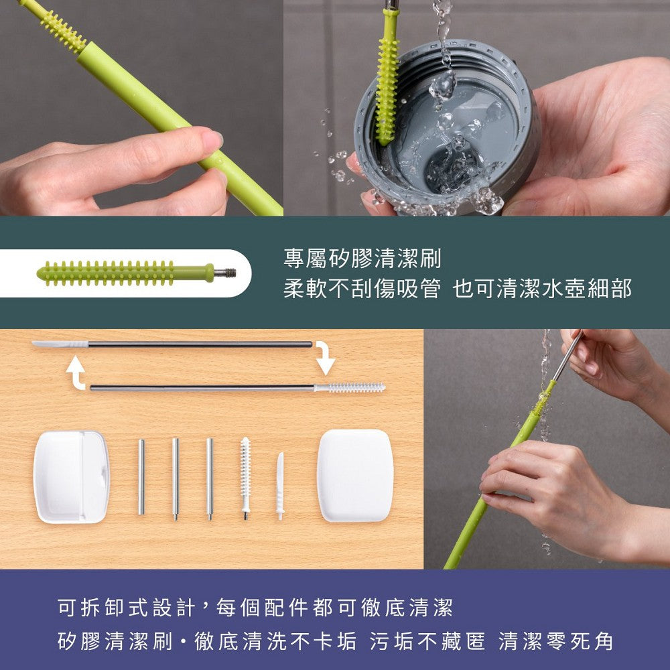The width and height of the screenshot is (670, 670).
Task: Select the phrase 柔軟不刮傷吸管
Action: [362, 289]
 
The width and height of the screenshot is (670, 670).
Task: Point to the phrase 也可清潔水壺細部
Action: [542, 289]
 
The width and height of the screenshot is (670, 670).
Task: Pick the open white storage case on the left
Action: [71, 476]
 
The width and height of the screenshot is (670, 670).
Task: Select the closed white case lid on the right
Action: [354, 475]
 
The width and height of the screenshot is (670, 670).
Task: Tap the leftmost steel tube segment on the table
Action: [141, 476]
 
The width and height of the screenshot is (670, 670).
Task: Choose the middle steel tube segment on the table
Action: [176, 478]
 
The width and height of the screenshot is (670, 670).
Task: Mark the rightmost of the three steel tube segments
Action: [210, 478]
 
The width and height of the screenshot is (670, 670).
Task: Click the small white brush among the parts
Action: [245, 476]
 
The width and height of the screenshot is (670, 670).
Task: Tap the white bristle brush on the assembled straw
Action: [350, 387]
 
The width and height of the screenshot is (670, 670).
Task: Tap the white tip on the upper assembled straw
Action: [60, 344]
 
